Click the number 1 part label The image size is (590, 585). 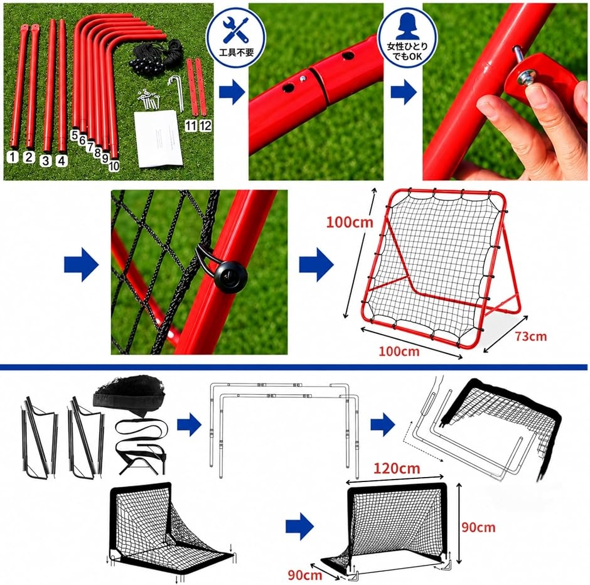(13, 157)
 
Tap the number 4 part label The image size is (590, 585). (62, 161)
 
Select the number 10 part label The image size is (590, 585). (114, 166)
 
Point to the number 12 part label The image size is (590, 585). (205, 126)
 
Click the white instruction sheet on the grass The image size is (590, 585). (158, 139)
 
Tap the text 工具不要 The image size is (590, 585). (237, 52)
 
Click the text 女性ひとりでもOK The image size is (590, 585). (407, 51)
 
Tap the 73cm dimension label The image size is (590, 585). (530, 336)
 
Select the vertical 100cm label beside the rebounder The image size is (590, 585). (350, 222)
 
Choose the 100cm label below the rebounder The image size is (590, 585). (399, 352)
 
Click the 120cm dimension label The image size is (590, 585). (397, 468)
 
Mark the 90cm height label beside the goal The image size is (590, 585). (478, 527)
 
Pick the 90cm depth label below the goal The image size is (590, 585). (305, 575)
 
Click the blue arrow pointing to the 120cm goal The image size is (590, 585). (299, 526)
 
